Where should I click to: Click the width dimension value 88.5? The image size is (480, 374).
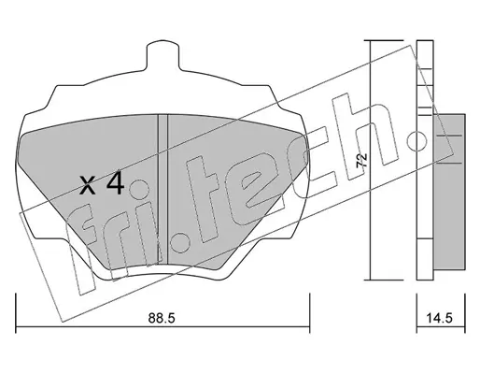[x=162, y=318]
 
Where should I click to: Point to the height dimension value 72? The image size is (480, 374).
[x=362, y=161]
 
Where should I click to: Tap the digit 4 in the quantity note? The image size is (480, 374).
[x=116, y=184]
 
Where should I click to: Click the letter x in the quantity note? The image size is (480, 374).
[x=88, y=185]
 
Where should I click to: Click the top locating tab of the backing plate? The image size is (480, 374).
[x=162, y=54]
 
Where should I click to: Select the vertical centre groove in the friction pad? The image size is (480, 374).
[x=163, y=189]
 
